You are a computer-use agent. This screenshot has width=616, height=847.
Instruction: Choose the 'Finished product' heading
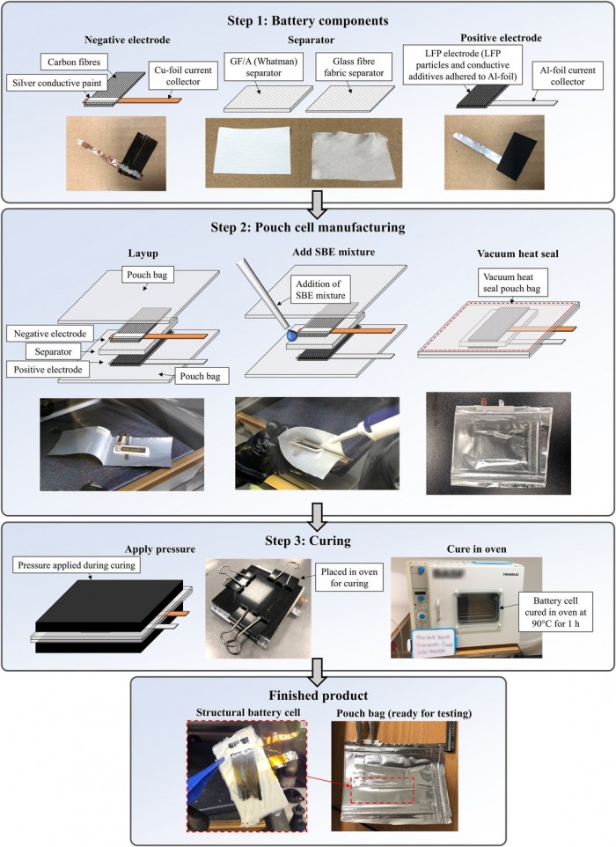point(307,693)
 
